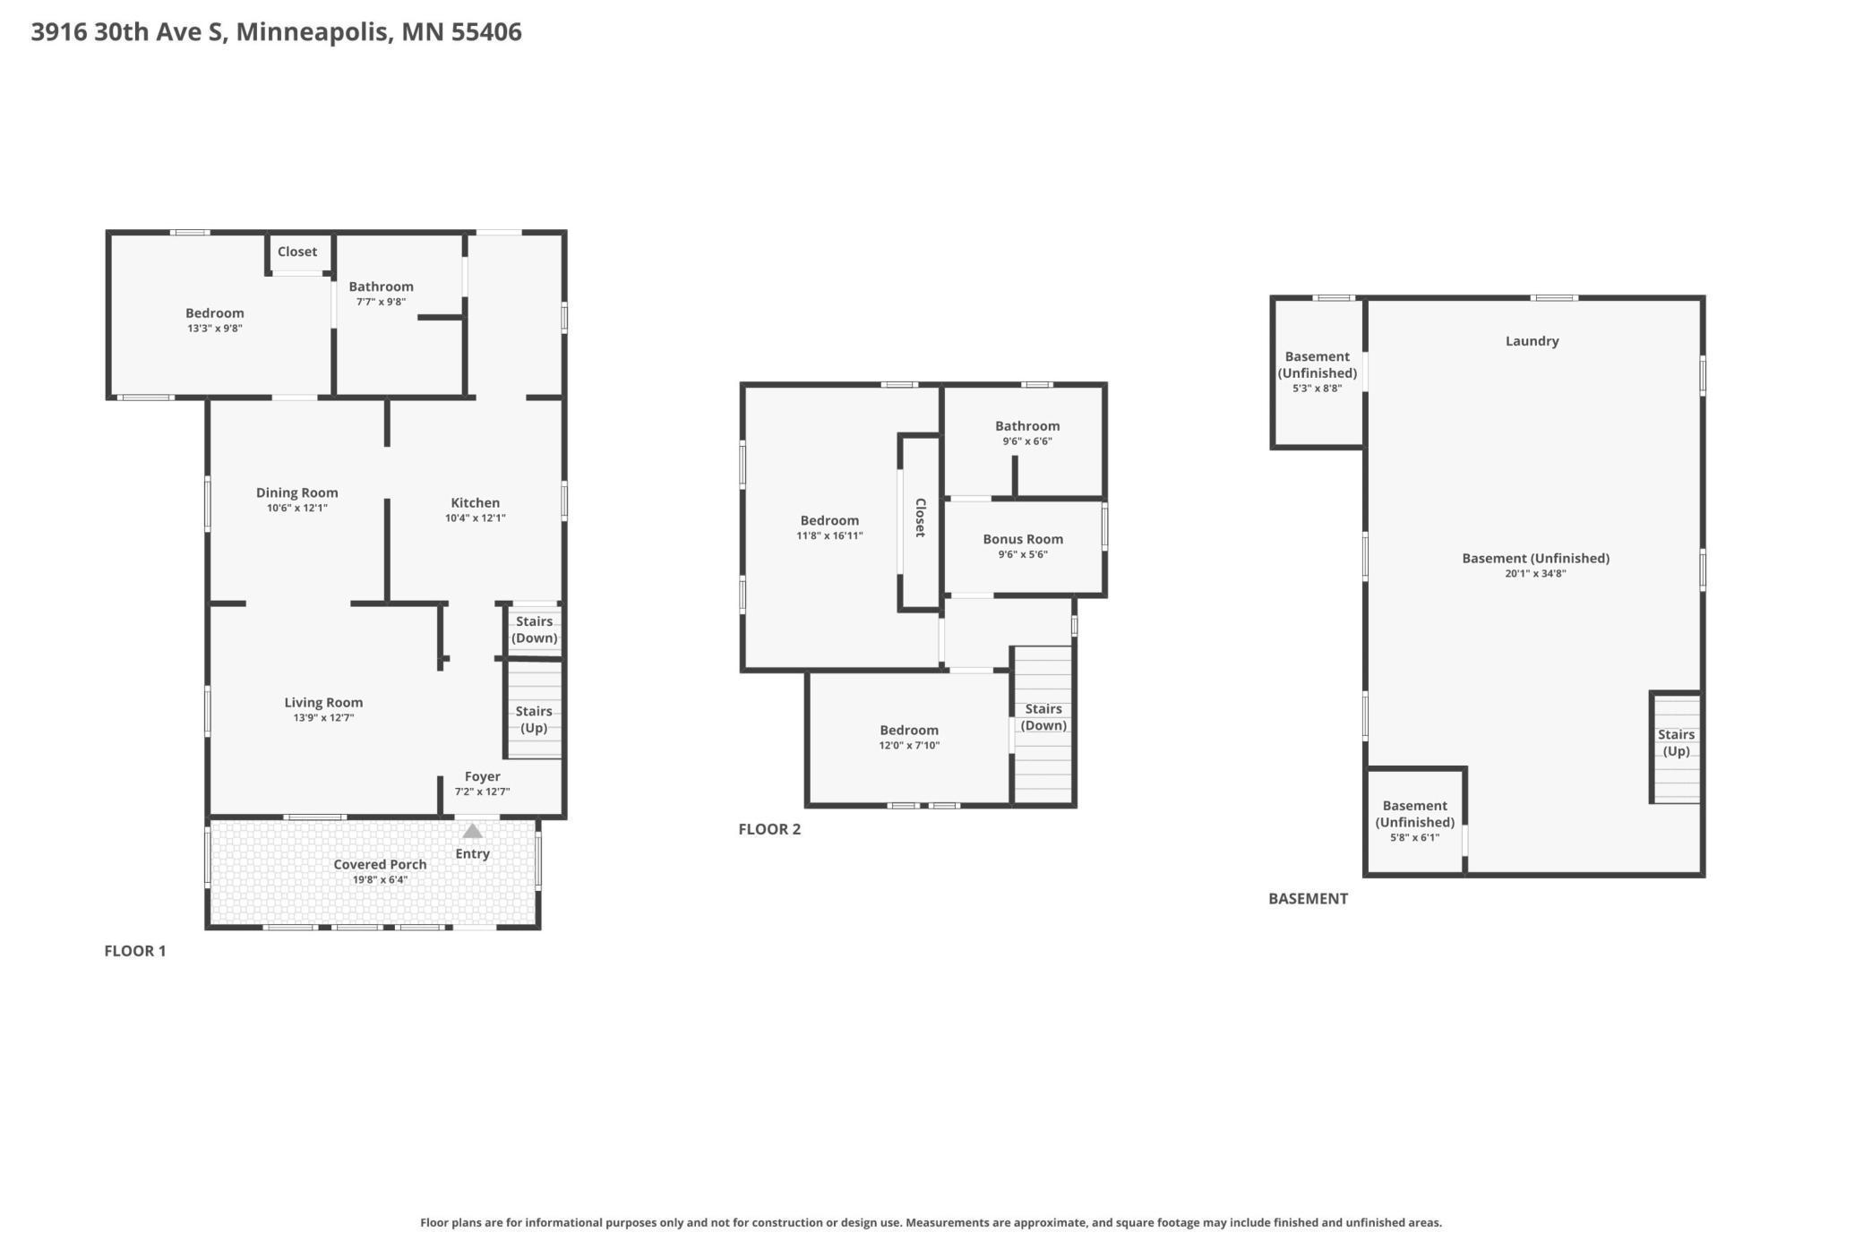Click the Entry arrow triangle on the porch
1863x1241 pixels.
[472, 831]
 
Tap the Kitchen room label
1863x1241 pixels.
[476, 503]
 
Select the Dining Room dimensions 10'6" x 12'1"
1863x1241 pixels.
[297, 509]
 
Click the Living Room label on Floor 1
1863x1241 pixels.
[323, 703]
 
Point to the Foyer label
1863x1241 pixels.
[483, 776]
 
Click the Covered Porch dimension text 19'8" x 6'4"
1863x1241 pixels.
[380, 880]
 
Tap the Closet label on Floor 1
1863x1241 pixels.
[297, 252]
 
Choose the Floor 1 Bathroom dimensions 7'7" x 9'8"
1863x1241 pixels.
[382, 302]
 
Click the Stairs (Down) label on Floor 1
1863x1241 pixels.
[535, 629]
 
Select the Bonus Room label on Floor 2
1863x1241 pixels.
[1023, 539]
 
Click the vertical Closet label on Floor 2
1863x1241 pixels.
[920, 518]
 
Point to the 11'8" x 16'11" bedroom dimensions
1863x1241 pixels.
[829, 536]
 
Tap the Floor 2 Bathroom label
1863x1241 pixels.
[1027, 426]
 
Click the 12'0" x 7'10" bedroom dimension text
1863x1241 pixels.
[909, 746]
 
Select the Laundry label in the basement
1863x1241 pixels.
[1532, 341]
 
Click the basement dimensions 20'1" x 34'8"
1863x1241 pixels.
[1535, 574]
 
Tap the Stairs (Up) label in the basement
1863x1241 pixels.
[1676, 742]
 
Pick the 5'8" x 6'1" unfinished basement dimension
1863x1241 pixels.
[1415, 838]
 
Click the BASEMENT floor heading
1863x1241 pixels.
[1308, 899]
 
